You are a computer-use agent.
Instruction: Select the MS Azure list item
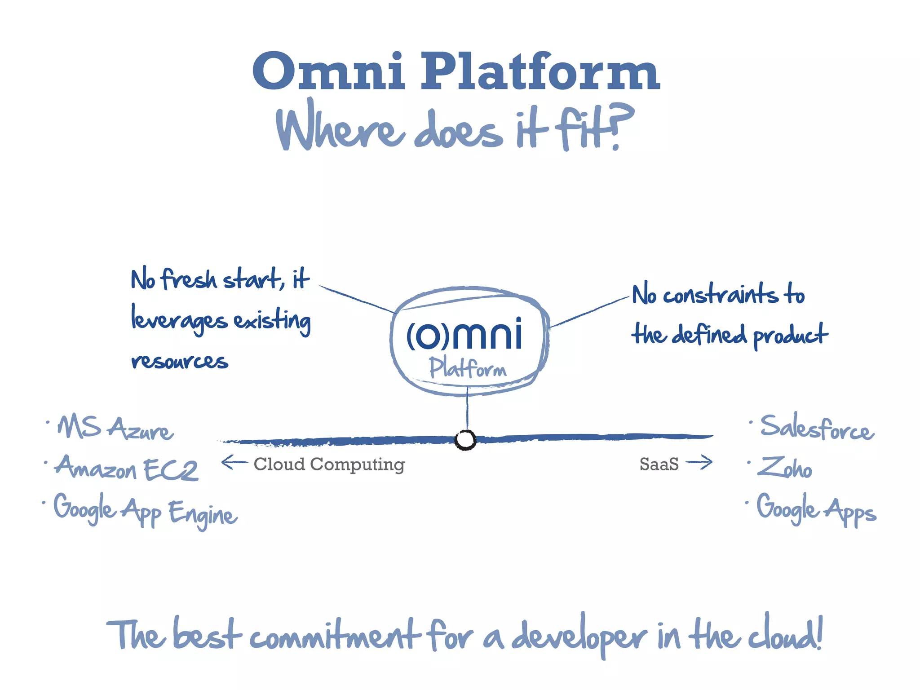[115, 427]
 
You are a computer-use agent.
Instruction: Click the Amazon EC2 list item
[126, 468]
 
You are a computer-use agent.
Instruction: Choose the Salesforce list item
[817, 427]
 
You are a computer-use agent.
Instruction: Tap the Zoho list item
[784, 467]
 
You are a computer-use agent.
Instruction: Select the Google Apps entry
[816, 509]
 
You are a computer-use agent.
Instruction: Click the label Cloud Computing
[329, 464]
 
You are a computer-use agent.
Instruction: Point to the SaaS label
[659, 464]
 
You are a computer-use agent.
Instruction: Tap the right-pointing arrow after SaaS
[699, 462]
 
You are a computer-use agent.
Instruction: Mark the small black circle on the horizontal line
[465, 440]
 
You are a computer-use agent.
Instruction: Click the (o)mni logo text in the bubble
[464, 335]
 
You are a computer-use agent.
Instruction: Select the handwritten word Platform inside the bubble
[467, 368]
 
